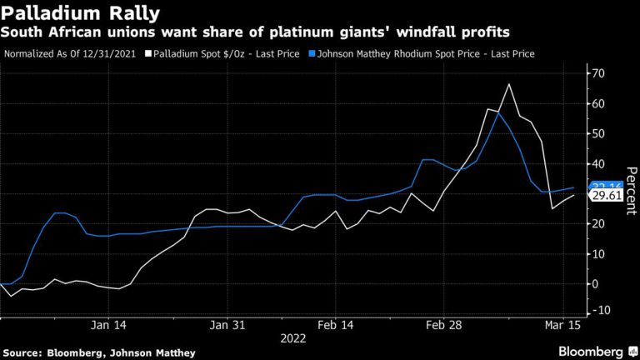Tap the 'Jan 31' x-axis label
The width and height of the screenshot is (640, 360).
(227, 326)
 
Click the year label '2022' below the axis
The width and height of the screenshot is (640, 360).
(293, 339)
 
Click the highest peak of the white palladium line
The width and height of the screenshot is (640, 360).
(508, 84)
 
